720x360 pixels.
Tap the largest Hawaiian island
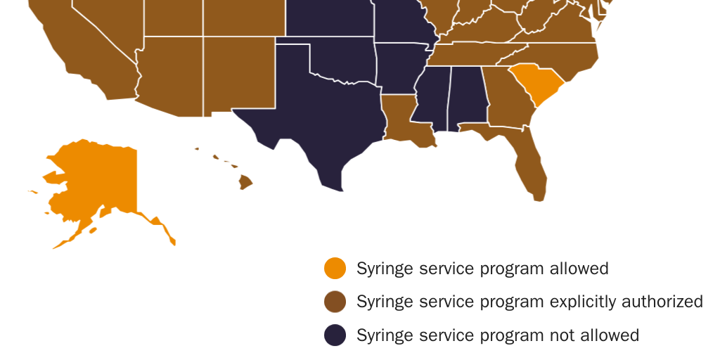[x=245, y=182]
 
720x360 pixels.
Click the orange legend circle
[x=335, y=268]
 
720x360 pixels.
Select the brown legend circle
[x=335, y=302]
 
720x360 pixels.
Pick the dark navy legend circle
[x=335, y=335]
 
